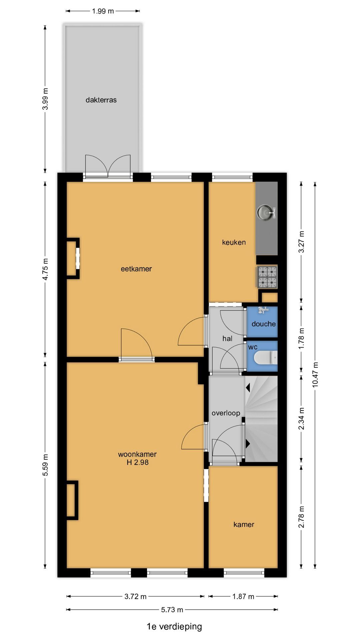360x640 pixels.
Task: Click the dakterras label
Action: [x=101, y=100]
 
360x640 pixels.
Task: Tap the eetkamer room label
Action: [x=136, y=269]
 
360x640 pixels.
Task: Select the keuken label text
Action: [x=234, y=242]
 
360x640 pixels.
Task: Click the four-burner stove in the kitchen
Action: [x=267, y=277]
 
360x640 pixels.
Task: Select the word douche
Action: [x=264, y=324]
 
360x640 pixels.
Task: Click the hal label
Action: [x=227, y=339]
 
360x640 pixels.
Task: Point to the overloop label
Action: [x=226, y=413]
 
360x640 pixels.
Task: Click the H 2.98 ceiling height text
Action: [x=138, y=462]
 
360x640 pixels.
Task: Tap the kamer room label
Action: [x=244, y=525]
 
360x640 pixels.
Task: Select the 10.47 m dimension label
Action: [x=315, y=374]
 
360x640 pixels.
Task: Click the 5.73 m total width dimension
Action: [x=172, y=610]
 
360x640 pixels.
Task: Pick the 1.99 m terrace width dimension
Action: [x=103, y=11]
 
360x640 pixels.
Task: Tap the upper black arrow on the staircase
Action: [x=248, y=387]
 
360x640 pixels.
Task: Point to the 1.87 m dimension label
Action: [x=243, y=596]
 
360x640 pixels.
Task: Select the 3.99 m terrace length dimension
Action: [x=46, y=99]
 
